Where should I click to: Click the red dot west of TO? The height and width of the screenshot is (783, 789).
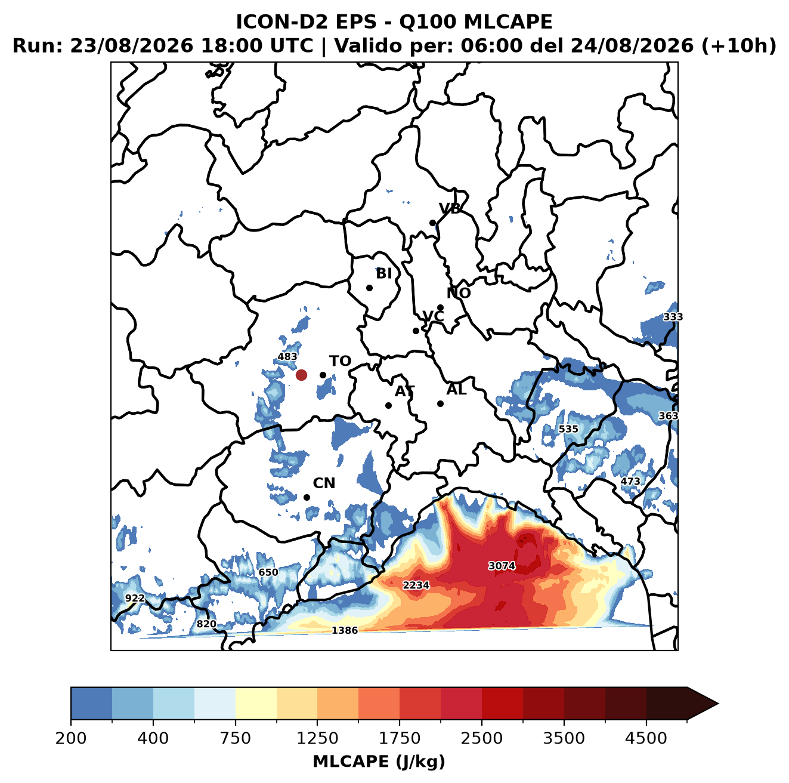click(301, 375)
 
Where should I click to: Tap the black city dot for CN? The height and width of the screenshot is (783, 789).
click(307, 497)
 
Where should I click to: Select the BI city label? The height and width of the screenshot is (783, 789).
click(383, 273)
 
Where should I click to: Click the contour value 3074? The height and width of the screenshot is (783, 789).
click(502, 566)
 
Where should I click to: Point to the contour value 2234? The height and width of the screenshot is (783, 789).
click(416, 585)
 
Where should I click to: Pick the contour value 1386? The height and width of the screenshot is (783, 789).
click(344, 630)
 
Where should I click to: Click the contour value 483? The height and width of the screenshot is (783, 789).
click(287, 356)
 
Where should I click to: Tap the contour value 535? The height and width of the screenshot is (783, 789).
click(568, 429)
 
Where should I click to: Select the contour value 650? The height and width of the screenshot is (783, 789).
click(268, 572)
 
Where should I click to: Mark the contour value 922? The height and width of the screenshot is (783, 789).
click(135, 598)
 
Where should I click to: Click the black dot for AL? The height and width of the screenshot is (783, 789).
click(440, 403)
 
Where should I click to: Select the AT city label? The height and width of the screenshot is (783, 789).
click(404, 391)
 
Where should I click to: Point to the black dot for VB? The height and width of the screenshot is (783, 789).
click(432, 223)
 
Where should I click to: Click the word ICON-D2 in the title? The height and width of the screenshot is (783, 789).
click(282, 21)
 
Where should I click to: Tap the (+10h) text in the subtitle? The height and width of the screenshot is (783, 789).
click(738, 46)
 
